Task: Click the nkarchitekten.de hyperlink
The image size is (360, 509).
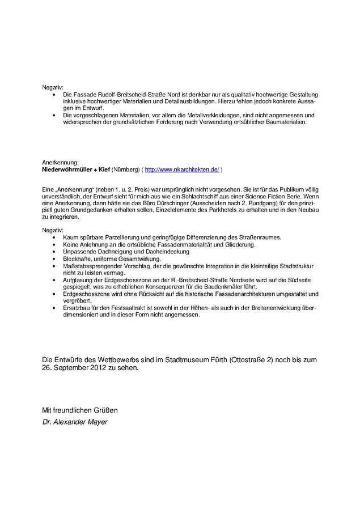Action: [x=182, y=169]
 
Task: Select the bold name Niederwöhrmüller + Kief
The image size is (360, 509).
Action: [x=76, y=169]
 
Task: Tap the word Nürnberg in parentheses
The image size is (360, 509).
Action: [x=126, y=169]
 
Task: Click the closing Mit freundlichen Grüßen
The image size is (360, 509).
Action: [x=80, y=410]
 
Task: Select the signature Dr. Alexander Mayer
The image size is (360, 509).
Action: [x=75, y=422]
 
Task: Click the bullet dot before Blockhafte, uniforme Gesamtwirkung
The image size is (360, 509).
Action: [x=54, y=258]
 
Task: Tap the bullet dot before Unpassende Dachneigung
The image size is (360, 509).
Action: [x=54, y=252]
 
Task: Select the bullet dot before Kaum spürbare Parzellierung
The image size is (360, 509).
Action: [x=54, y=237]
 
